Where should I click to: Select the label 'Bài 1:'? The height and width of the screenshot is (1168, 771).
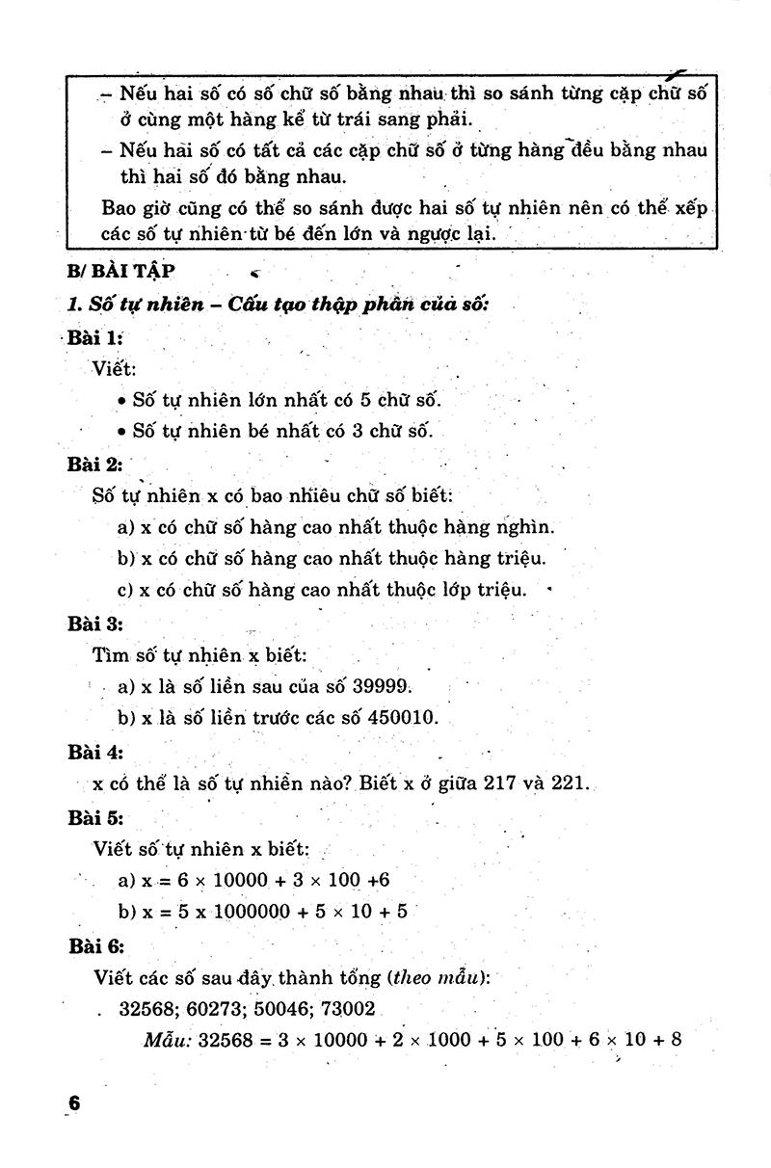pyautogui.click(x=94, y=338)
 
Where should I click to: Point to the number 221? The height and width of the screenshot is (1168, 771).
pyautogui.click(x=569, y=783)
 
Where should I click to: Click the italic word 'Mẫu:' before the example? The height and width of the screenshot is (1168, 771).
pyautogui.click(x=169, y=1040)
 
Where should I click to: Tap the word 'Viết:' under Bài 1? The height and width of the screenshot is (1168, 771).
pyautogui.click(x=116, y=369)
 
